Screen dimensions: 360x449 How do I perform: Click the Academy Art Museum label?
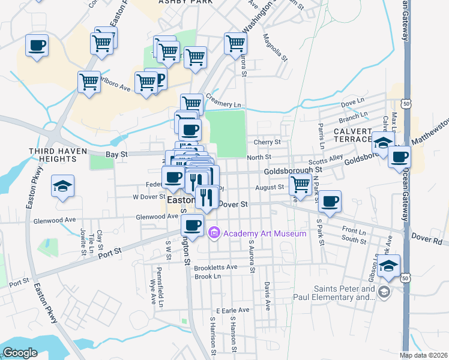tap(265, 233)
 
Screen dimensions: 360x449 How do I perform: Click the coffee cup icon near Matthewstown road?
tap(399, 158)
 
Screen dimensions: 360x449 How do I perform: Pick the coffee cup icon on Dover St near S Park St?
tap(329, 202)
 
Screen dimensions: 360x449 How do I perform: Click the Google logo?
tap(20, 352)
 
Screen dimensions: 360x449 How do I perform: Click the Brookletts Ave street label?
tap(215, 266)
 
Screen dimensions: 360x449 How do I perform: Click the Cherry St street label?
tap(267, 142)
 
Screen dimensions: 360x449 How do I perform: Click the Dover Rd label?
tap(426, 237)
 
